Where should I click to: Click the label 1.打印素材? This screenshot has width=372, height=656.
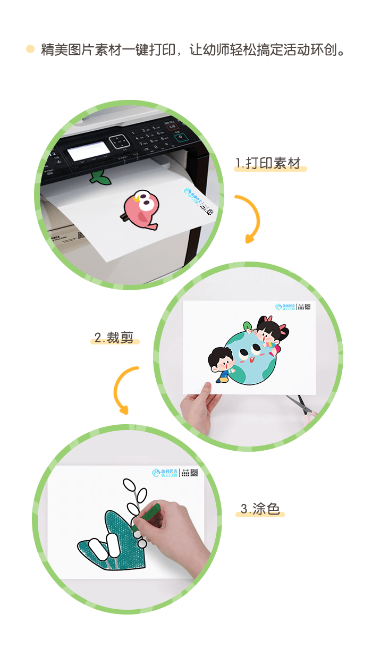click(x=270, y=163)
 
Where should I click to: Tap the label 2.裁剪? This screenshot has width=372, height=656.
click(x=114, y=338)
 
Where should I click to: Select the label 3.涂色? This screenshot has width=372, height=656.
click(x=260, y=509)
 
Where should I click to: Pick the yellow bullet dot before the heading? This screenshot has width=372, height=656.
click(x=30, y=49)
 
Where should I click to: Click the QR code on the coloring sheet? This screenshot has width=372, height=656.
click(x=194, y=472)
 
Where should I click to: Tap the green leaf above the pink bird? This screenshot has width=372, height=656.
click(x=100, y=178)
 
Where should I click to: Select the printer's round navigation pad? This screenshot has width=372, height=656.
click(x=119, y=141)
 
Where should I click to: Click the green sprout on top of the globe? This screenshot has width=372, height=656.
click(x=248, y=325)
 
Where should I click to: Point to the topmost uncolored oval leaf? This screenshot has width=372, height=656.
click(x=129, y=485)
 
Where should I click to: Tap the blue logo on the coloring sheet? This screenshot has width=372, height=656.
click(x=164, y=472)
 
